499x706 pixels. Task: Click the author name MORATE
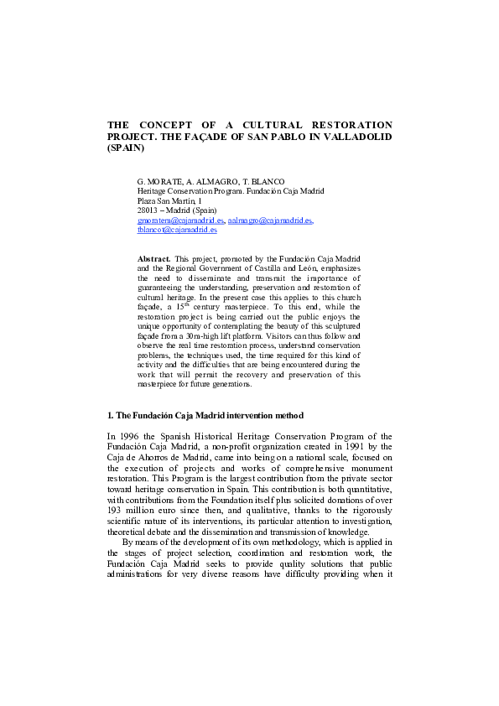click(161, 182)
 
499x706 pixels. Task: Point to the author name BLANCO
click(266, 182)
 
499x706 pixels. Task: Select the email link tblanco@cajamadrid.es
click(177, 229)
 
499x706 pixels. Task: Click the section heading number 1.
click(111, 415)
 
